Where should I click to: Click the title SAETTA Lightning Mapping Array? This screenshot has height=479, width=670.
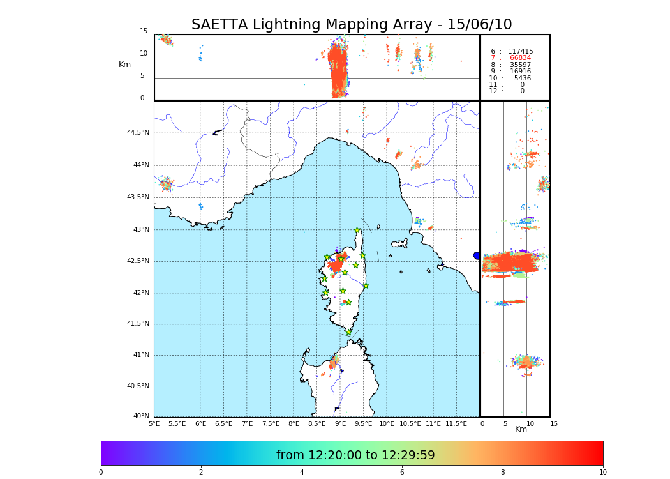point(352,25)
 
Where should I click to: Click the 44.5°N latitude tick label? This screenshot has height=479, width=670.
point(138,133)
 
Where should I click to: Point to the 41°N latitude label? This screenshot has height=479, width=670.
point(140,355)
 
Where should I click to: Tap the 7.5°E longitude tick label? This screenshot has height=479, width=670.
point(271,423)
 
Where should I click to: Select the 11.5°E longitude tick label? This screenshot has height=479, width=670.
point(456,423)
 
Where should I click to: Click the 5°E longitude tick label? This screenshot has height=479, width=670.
point(154,423)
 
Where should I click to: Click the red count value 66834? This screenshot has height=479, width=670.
point(520,58)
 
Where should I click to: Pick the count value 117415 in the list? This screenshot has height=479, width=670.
point(520,52)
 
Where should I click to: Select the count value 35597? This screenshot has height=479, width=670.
point(520,65)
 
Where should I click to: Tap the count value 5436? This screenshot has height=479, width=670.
point(522,79)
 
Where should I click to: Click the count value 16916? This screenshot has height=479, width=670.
point(520,72)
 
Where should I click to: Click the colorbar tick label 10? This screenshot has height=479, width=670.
point(602,472)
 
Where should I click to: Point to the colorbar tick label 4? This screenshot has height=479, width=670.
point(302,472)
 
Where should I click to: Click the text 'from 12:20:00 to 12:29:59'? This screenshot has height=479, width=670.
point(355,455)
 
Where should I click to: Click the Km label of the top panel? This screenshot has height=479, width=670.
point(124,65)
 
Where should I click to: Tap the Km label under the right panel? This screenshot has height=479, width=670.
point(521,429)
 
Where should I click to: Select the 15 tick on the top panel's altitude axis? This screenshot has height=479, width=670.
point(144,31)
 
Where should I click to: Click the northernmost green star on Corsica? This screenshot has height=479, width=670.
point(357,231)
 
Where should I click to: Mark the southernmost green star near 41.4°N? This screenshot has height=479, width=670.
point(348,332)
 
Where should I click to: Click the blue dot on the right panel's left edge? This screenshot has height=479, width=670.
point(477,255)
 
